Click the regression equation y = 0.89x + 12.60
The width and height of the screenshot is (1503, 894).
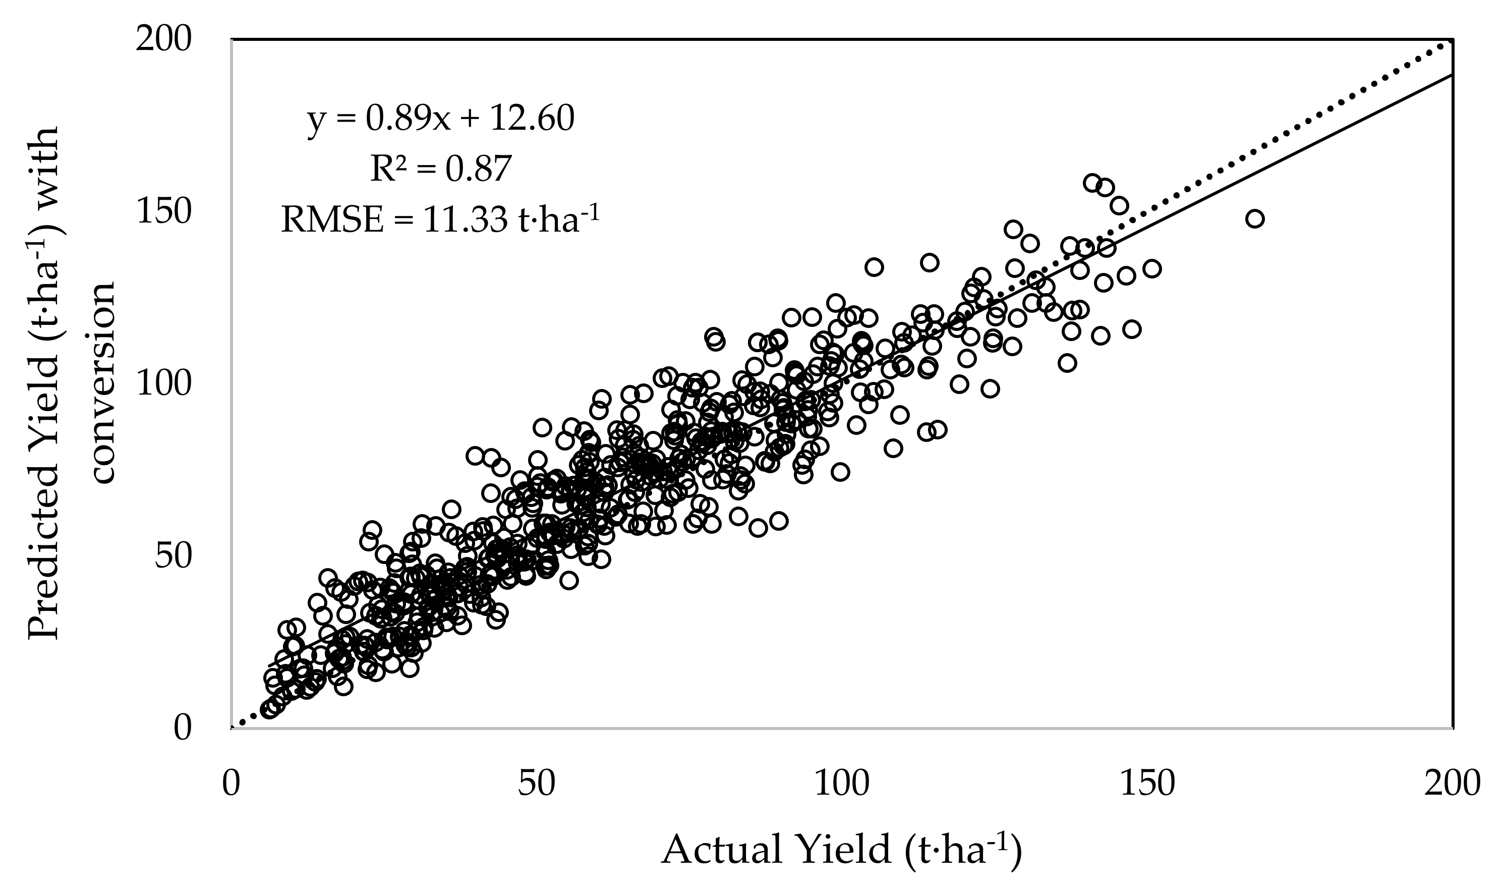(441, 119)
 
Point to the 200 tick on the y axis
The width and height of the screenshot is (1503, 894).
(163, 40)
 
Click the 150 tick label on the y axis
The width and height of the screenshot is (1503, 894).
(163, 212)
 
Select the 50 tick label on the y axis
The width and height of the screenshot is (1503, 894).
(173, 556)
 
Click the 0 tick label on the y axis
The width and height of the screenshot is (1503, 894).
(183, 728)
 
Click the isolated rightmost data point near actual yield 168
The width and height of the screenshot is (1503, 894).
(1255, 218)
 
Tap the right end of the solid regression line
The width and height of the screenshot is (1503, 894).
(1450, 75)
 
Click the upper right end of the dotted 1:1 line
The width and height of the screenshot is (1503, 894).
(1449, 43)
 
